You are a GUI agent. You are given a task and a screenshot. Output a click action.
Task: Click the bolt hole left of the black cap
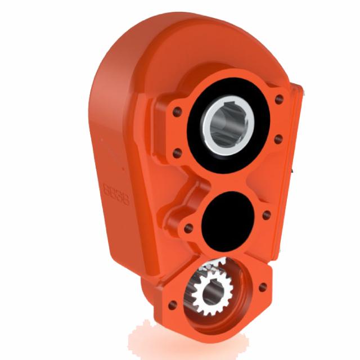(189, 228)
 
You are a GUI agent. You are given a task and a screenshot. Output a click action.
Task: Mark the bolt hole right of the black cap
(267, 214)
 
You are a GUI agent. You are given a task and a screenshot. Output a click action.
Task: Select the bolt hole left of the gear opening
(173, 304)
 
